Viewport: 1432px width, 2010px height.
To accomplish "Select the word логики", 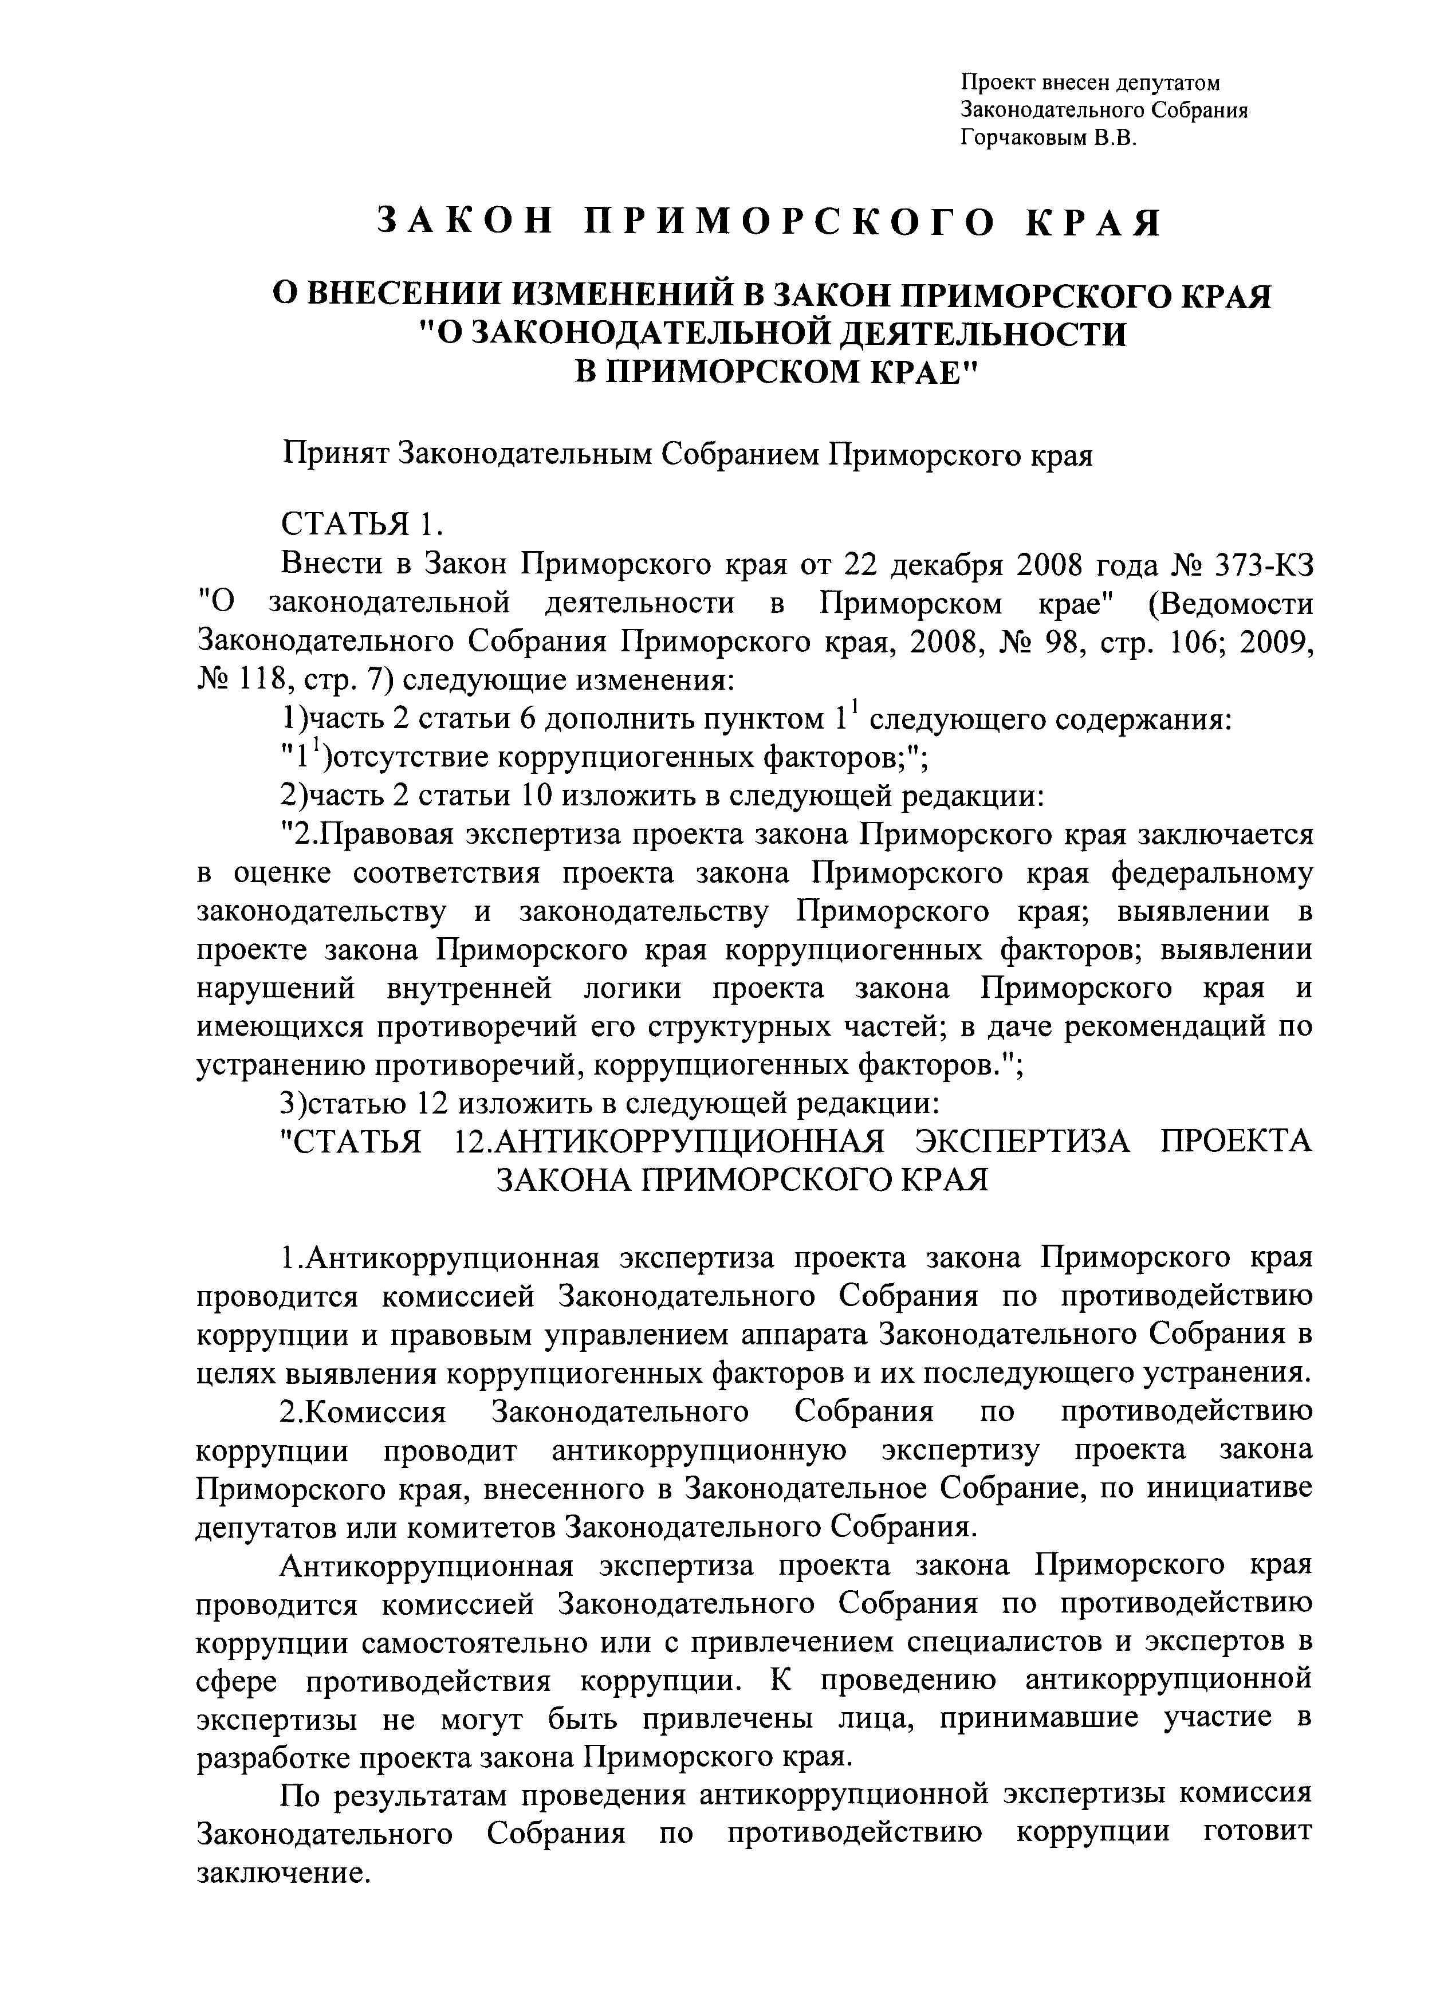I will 632,988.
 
